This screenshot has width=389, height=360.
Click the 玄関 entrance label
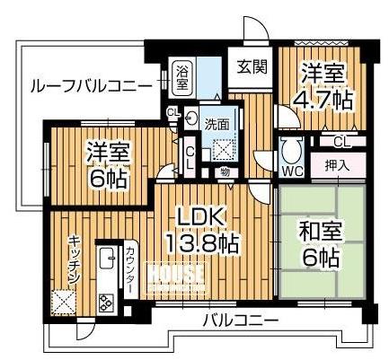point(252,67)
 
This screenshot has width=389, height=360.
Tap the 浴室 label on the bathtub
point(181,77)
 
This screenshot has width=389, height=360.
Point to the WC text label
point(293,171)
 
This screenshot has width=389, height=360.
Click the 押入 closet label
point(338,166)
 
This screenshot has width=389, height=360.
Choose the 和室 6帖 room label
point(321,245)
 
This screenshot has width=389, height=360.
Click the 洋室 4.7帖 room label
point(323,87)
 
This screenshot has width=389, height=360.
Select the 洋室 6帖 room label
point(108,164)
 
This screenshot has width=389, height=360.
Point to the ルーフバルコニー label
point(92,86)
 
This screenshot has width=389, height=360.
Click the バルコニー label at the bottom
point(241,321)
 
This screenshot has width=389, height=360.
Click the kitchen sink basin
point(107,259)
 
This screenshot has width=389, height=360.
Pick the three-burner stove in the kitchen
point(106,303)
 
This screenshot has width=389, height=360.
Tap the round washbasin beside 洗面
point(190,119)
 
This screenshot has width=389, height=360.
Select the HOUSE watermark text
point(175,275)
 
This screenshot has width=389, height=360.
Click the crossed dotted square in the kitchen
point(63,303)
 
